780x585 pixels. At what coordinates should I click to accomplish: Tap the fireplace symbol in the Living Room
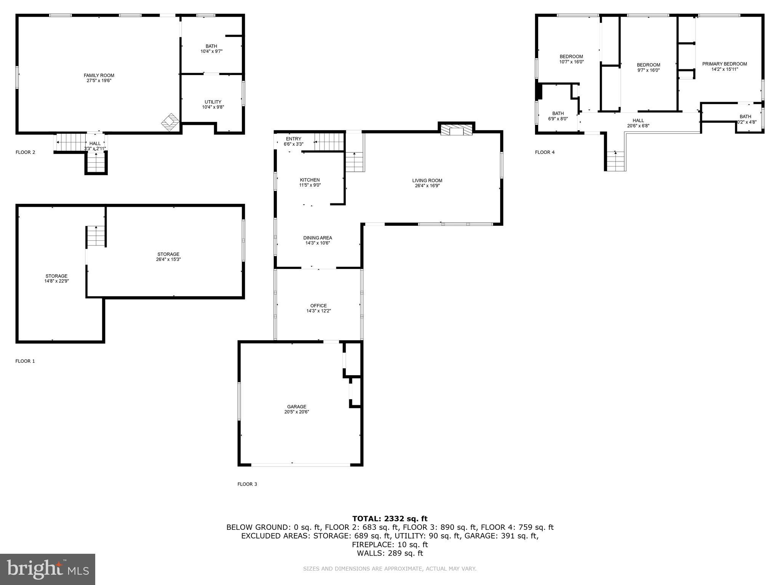[456, 129]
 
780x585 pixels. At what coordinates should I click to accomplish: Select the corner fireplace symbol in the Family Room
[170, 121]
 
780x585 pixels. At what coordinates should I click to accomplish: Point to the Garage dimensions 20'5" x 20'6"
[297, 412]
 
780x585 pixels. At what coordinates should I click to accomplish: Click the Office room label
[318, 305]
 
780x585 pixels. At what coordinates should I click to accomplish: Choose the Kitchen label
[310, 180]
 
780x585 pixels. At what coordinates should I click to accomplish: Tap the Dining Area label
[317, 238]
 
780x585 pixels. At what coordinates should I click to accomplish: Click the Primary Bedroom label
[724, 64]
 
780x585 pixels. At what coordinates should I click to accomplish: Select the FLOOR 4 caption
[545, 152]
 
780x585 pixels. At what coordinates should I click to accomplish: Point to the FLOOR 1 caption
[25, 361]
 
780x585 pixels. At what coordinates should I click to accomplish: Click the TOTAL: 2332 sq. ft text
[390, 518]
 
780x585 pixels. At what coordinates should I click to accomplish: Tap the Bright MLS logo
[47, 569]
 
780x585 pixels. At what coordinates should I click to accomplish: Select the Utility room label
[213, 102]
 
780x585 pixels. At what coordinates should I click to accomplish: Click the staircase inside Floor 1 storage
[96, 236]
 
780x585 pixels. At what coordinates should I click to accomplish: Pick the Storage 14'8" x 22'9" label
[56, 278]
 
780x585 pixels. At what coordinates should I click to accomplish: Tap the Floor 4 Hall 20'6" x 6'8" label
[638, 123]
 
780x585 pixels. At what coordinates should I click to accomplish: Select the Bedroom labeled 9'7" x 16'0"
[648, 67]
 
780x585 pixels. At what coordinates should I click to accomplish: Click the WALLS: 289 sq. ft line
[390, 553]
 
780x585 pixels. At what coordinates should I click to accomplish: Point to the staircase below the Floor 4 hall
[615, 161]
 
